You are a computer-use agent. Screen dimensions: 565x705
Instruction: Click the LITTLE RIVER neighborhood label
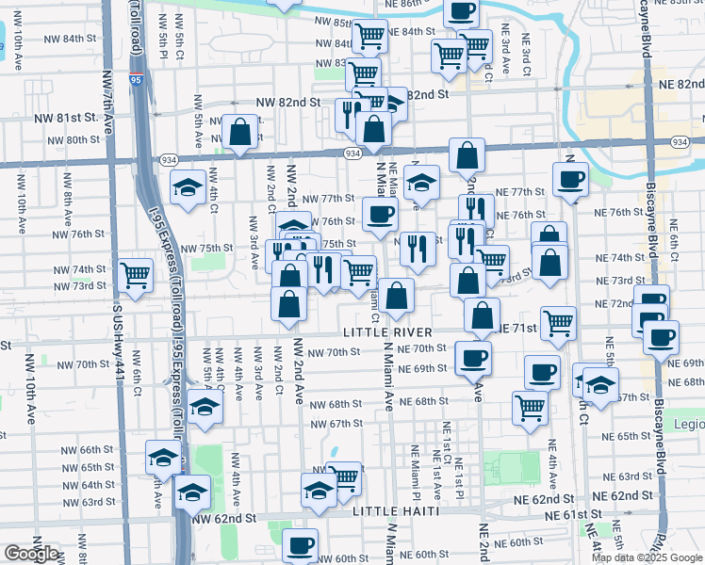coord(387,332)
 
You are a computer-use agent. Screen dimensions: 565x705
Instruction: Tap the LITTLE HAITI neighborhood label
coord(398,511)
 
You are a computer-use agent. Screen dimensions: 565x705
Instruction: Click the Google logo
coord(31,554)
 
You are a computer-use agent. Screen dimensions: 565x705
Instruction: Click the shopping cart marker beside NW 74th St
coord(137,275)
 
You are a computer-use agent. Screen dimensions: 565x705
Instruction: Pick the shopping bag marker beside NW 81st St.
coord(240,132)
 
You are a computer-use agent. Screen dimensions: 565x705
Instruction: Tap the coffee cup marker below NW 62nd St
coord(301,545)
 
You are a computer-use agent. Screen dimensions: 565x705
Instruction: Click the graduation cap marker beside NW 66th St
coord(163,460)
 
